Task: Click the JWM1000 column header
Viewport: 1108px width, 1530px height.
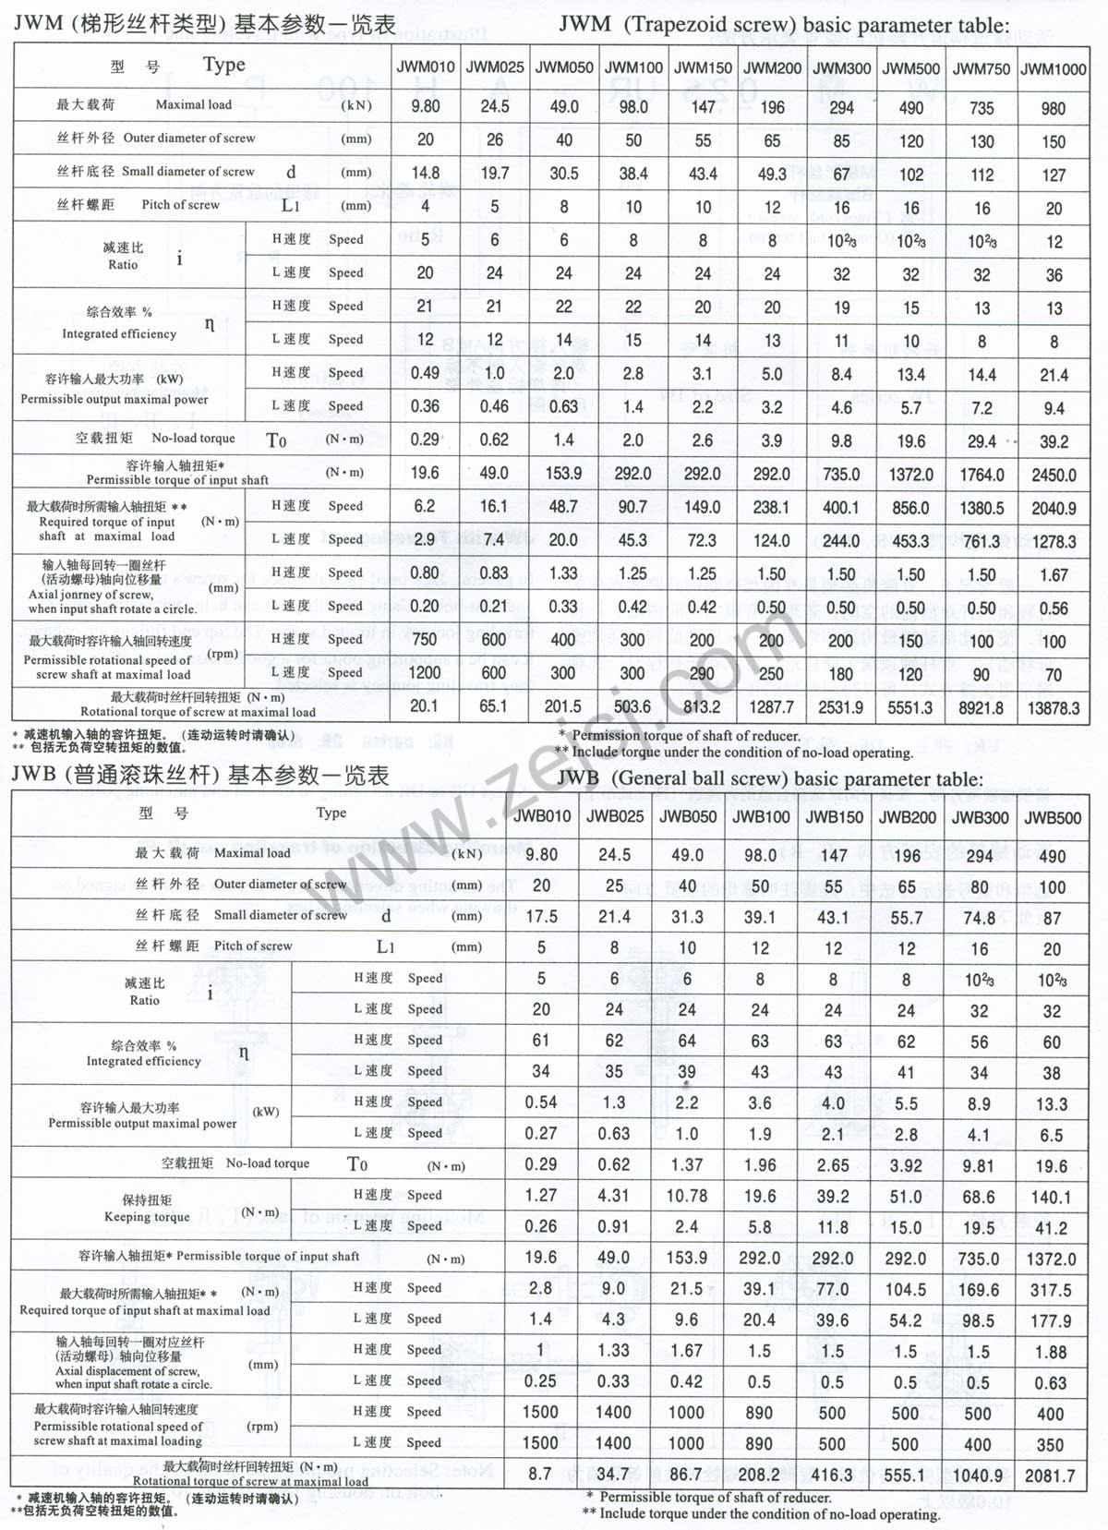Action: coord(1054,68)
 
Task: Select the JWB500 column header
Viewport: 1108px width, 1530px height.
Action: coord(1052,817)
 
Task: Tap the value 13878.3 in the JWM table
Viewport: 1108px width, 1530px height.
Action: coord(1054,707)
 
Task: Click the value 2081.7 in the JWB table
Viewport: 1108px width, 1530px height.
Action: coord(1051,1476)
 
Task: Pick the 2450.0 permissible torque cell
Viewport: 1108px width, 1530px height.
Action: coord(1054,475)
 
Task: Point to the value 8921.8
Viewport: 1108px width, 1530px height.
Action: coord(982,707)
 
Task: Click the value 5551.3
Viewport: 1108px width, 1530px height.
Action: coord(910,707)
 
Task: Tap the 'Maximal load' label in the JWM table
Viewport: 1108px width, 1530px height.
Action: coord(194,104)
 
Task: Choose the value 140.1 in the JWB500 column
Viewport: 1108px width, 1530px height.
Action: coord(1051,1198)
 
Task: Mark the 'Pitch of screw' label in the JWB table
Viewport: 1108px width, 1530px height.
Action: coord(253,946)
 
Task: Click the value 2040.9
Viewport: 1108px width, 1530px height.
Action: coord(1054,508)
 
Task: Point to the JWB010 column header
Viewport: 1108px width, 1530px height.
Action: coord(542,816)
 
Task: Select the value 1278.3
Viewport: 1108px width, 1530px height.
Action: coord(1054,541)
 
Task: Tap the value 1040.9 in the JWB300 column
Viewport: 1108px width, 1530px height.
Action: coord(978,1476)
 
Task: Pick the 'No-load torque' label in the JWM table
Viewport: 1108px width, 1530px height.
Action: coord(193,439)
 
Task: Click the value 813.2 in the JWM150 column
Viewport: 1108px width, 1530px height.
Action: coord(702,707)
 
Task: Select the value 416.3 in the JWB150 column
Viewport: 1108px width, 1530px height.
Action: coord(833,1476)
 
